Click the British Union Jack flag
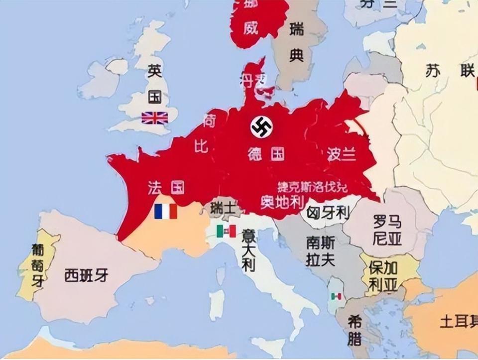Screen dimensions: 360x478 [x=154, y=118]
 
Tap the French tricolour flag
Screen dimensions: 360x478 [x=166, y=211]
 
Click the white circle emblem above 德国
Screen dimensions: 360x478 [x=261, y=127]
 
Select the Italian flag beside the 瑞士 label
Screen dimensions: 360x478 [x=226, y=231]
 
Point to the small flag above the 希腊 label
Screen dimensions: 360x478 [x=337, y=296]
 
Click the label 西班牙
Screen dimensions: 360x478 [x=86, y=275]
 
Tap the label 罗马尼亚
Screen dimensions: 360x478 [x=387, y=230]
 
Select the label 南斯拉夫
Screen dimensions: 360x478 [x=321, y=251]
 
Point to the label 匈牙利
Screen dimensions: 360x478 [x=327, y=214]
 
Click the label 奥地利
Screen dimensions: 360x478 [x=282, y=201]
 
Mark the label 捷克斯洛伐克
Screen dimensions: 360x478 [x=312, y=187]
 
